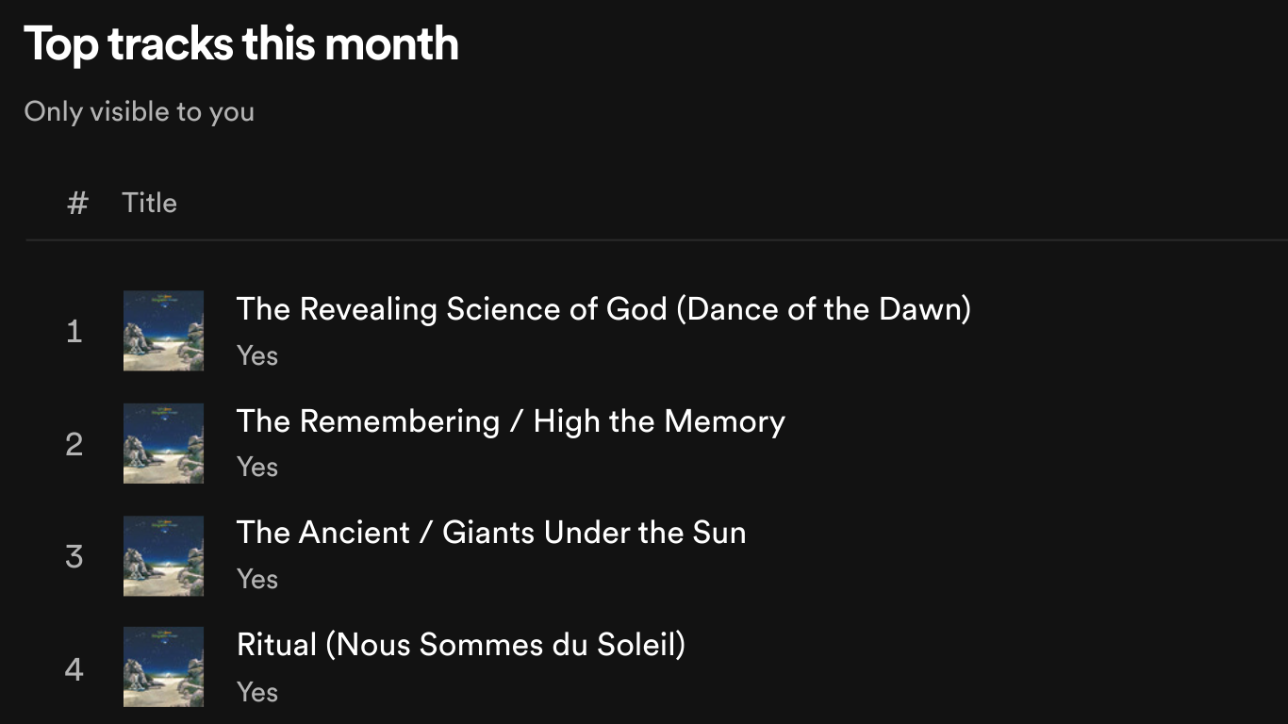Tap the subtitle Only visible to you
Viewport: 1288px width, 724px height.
[x=140, y=111]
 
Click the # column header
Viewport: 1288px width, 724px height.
[x=77, y=203]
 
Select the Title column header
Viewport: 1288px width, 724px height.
[x=150, y=203]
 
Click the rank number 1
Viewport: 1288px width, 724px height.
[x=74, y=332]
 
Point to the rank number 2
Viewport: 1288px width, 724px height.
[x=74, y=444]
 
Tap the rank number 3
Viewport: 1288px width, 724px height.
[x=74, y=556]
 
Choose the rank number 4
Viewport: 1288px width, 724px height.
[x=74, y=669]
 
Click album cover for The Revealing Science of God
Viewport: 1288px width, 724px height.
[x=163, y=331]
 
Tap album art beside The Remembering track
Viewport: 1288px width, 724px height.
[x=163, y=443]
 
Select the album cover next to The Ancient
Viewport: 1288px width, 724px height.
[x=163, y=556]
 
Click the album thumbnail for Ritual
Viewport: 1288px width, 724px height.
[x=163, y=667]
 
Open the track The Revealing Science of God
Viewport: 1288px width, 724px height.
[x=603, y=309]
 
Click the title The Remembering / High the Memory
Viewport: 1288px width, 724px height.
[x=511, y=421]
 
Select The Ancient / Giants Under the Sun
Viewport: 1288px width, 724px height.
[x=491, y=533]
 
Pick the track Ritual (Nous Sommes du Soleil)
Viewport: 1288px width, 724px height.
[x=461, y=645]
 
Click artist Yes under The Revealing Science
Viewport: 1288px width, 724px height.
[x=257, y=355]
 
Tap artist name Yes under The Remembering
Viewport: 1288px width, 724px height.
[x=257, y=467]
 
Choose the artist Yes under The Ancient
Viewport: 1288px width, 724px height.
[x=257, y=579]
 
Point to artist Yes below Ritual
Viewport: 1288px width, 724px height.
[x=257, y=692]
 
